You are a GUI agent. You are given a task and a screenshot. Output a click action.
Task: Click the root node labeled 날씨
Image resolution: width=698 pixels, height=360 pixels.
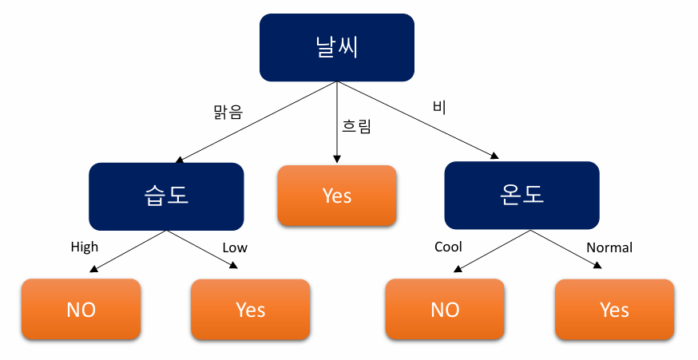(x=336, y=47)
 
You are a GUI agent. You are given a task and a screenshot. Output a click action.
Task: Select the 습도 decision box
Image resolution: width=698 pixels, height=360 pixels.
(x=166, y=196)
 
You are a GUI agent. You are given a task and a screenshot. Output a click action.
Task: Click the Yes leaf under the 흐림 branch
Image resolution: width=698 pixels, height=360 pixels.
(x=336, y=196)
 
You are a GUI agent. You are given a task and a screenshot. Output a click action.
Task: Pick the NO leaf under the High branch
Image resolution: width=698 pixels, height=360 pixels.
(x=81, y=310)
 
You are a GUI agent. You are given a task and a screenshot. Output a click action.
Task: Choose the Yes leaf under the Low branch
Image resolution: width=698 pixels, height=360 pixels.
(x=250, y=310)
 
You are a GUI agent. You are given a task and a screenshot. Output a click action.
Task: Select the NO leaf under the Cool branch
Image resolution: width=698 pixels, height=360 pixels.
(x=445, y=310)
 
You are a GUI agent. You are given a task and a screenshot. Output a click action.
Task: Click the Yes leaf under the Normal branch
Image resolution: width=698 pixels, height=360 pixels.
(x=614, y=310)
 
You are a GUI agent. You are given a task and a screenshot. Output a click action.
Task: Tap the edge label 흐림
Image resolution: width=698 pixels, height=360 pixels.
(x=357, y=126)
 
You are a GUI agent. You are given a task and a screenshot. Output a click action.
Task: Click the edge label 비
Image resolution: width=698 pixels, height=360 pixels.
(x=438, y=106)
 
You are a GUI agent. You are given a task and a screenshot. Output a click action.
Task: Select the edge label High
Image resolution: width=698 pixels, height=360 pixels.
(x=85, y=247)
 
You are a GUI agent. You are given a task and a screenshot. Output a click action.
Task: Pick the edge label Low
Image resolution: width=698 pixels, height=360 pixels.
(x=235, y=247)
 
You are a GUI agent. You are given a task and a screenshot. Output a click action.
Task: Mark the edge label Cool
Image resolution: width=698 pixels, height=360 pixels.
(x=448, y=247)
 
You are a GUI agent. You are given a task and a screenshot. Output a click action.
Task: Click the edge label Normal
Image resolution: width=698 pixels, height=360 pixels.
(x=609, y=247)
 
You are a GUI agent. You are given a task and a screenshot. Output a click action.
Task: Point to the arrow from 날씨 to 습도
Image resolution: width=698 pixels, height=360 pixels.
(x=256, y=121)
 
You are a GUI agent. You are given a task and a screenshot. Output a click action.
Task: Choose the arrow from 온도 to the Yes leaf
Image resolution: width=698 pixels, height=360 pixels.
(x=564, y=251)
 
